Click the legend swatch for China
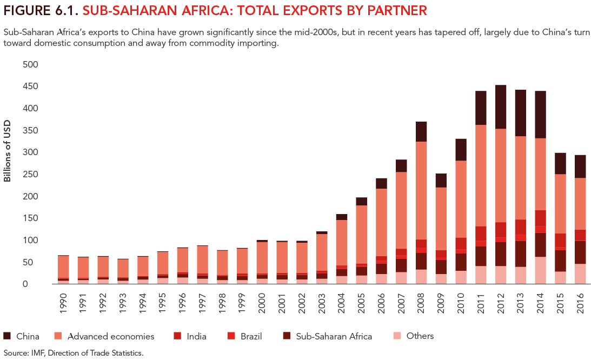coord(7,336)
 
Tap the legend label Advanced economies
coord(111,336)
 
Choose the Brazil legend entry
coord(251,336)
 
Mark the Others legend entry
coord(420,336)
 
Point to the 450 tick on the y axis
coord(30,86)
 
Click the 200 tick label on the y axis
coord(30,196)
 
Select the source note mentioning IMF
coord(73,353)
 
